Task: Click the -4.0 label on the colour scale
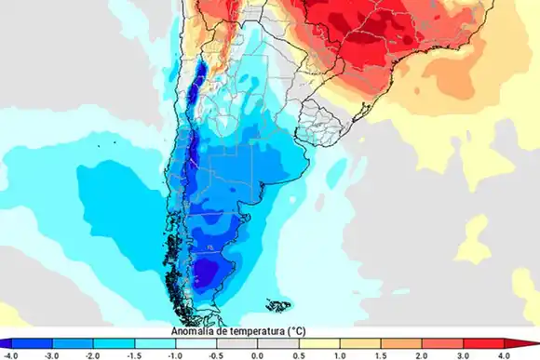click(x=10, y=354)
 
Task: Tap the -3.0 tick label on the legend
click(x=51, y=354)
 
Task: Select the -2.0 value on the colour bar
click(x=92, y=354)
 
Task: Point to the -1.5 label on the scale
click(x=133, y=354)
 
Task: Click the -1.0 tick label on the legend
click(x=175, y=354)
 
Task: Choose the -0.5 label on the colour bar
click(x=216, y=354)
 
